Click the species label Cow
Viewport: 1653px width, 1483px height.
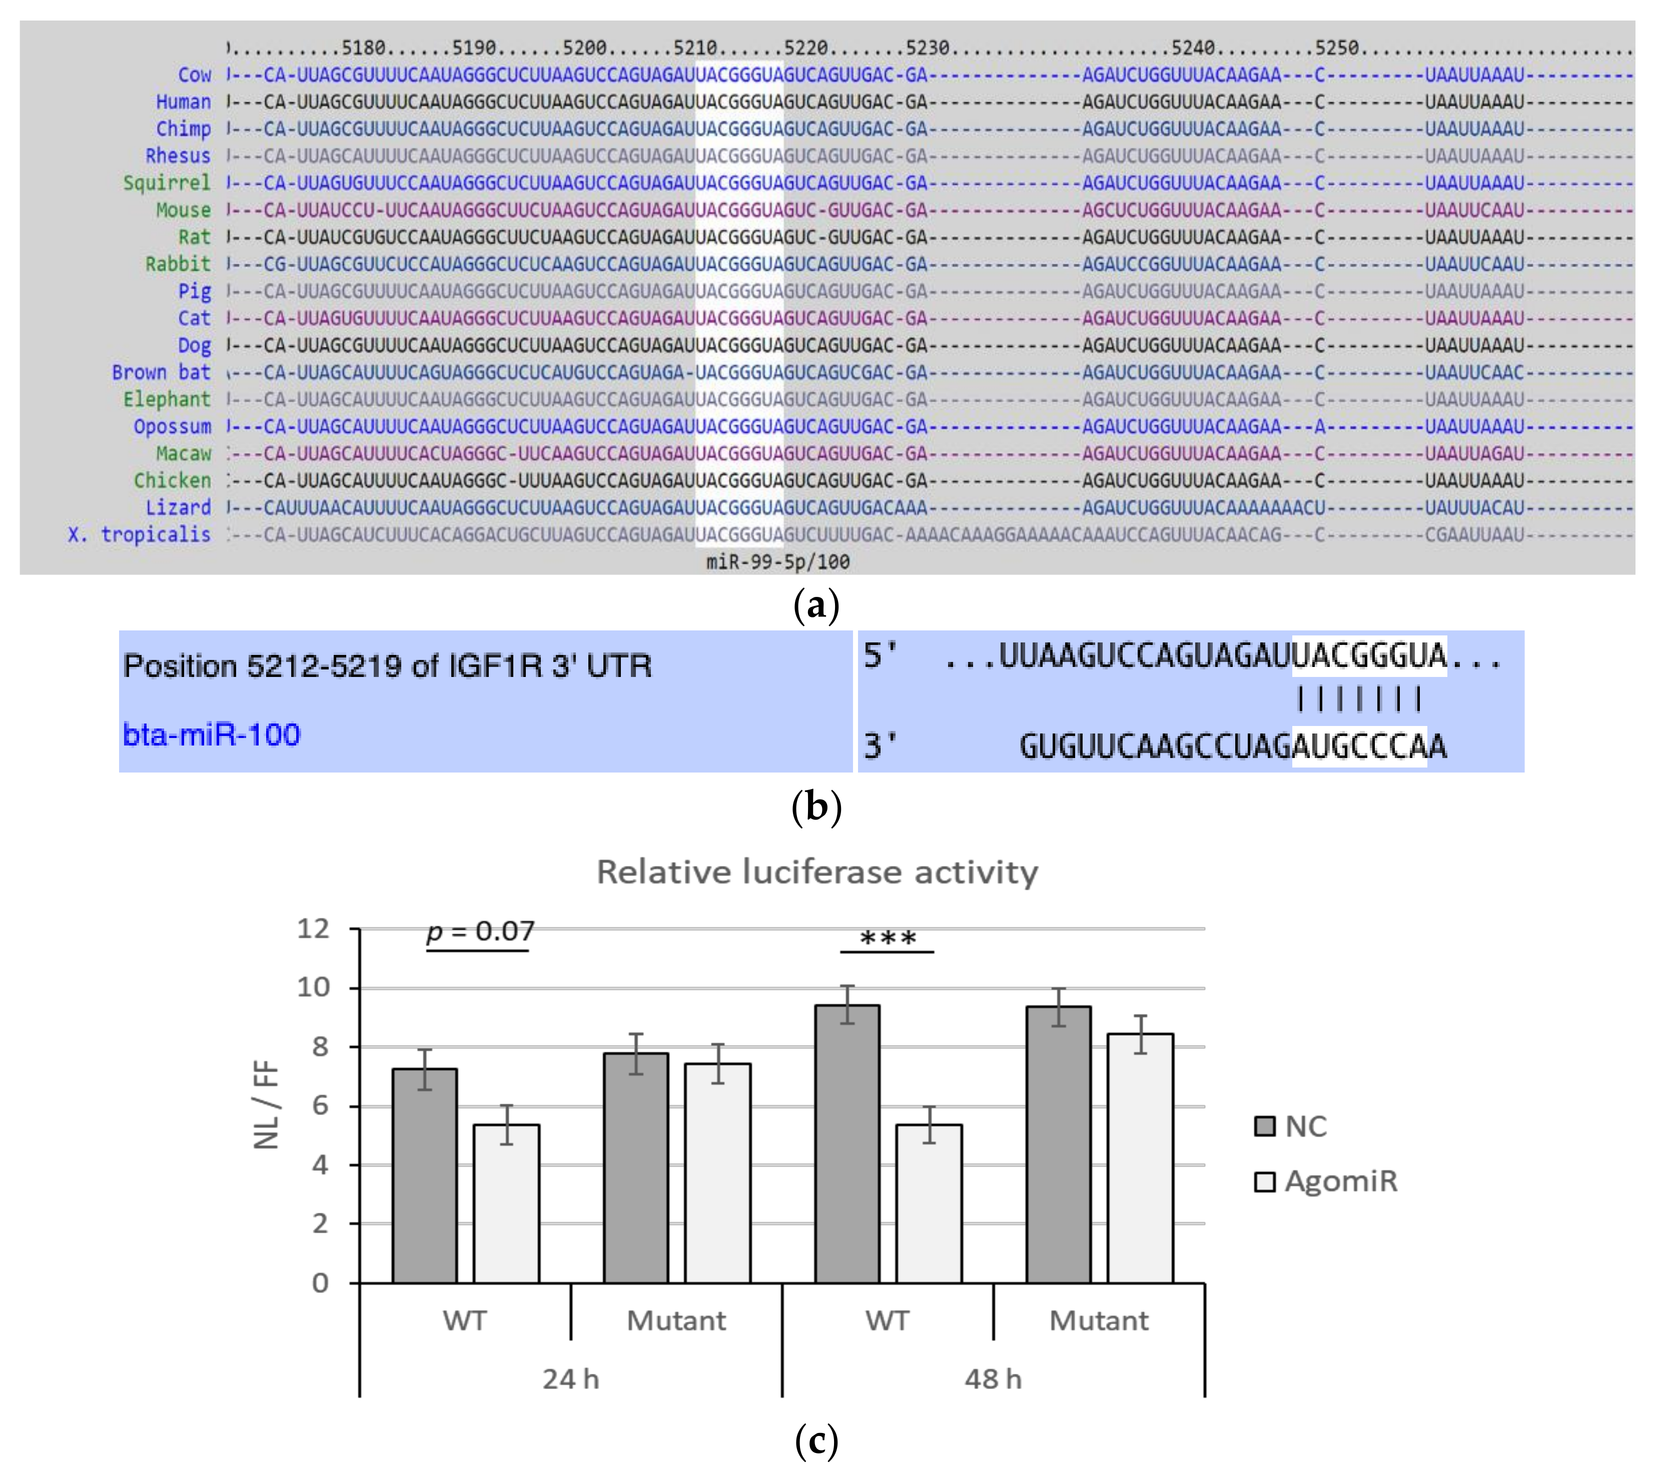194,75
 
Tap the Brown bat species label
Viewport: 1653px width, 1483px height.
161,372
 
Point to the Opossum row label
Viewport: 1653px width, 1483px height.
172,426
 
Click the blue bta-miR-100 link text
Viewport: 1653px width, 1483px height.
211,734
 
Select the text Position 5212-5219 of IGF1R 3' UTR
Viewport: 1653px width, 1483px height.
387,666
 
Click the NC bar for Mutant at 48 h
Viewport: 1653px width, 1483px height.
1058,1145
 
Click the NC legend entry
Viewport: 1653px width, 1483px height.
1292,1126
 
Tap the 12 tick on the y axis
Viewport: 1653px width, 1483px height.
313,928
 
